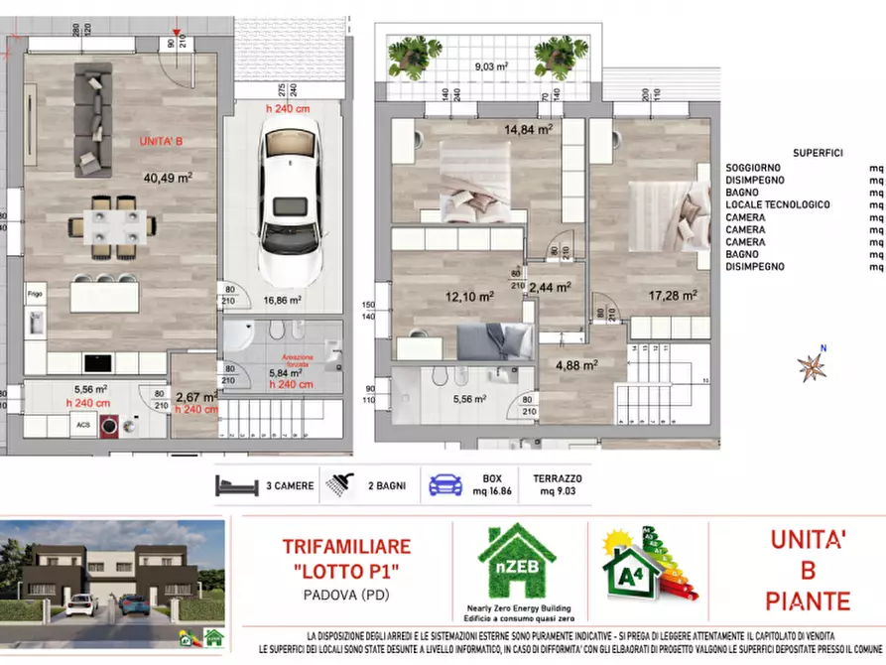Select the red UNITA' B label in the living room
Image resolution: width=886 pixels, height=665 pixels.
coord(162,142)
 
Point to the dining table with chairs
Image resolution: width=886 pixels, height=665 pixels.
coord(111,224)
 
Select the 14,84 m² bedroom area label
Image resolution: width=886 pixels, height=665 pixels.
coord(529,128)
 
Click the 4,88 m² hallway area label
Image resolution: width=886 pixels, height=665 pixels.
coord(576,364)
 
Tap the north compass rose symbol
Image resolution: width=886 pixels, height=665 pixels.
coord(813,365)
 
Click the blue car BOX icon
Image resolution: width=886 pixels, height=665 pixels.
coord(445,485)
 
